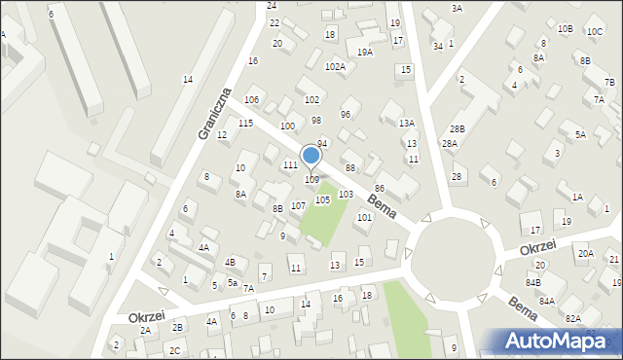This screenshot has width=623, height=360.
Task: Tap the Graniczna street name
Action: [215, 113]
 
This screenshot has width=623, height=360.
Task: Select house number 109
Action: [311, 180]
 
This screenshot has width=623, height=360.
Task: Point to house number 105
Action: [322, 199]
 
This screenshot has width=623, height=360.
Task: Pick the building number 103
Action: [345, 195]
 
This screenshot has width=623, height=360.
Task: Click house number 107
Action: [298, 205]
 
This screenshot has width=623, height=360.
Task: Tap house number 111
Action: [290, 165]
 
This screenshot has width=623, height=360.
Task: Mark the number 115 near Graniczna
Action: [245, 123]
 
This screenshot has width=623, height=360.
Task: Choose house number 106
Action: [251, 100]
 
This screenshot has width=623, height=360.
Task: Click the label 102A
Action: [335, 66]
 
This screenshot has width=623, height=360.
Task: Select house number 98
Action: [316, 120]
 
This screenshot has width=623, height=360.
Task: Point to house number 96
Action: [345, 115]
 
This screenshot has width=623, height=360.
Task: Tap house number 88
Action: [349, 168]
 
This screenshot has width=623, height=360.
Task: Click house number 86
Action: [380, 188]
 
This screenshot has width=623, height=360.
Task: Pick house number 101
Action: [364, 217]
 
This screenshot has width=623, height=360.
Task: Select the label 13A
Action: [407, 123]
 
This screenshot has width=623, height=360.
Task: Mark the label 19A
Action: [364, 53]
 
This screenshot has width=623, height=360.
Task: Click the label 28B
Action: [457, 129]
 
